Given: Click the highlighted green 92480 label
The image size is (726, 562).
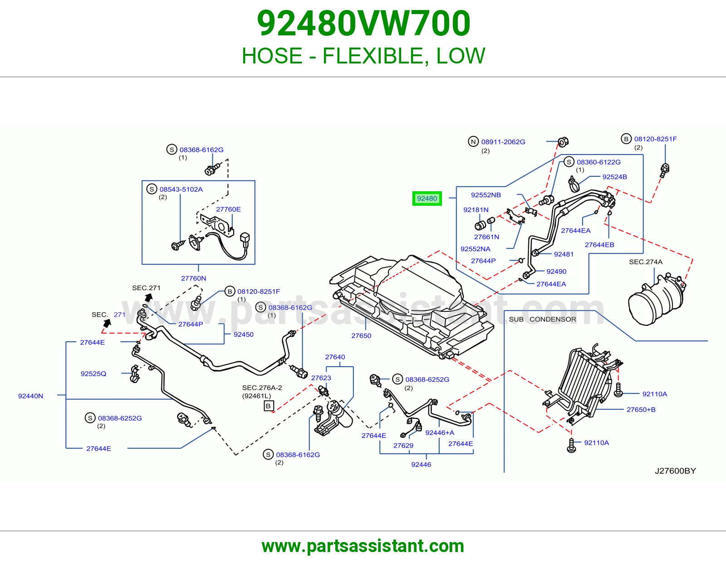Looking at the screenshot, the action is pyautogui.click(x=427, y=199).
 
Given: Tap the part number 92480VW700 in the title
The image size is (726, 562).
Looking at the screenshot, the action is pyautogui.click(x=363, y=24).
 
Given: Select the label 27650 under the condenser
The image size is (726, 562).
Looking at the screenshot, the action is pyautogui.click(x=361, y=336).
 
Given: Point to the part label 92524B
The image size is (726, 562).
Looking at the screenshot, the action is pyautogui.click(x=614, y=177).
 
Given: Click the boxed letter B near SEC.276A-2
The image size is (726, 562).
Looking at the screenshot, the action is pyautogui.click(x=268, y=406).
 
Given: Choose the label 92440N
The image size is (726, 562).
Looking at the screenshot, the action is pyautogui.click(x=30, y=396).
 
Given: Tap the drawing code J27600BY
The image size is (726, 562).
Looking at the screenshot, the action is pyautogui.click(x=675, y=471).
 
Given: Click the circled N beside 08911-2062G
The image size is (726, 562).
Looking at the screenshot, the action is pyautogui.click(x=473, y=141).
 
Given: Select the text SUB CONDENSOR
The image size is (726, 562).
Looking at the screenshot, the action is pyautogui.click(x=542, y=320).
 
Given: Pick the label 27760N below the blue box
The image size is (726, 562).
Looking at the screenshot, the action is pyautogui.click(x=193, y=278).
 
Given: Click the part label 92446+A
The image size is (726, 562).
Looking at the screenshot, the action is pyautogui.click(x=440, y=433).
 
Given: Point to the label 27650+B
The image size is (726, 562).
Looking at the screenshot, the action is pyautogui.click(x=641, y=410).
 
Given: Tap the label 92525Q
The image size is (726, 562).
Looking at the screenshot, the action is pyautogui.click(x=93, y=374).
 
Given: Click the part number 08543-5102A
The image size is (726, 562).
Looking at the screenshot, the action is pyautogui.click(x=181, y=189).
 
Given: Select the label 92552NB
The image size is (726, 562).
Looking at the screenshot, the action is pyautogui.click(x=486, y=195).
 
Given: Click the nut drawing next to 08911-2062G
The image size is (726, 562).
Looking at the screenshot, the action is pyautogui.click(x=563, y=142).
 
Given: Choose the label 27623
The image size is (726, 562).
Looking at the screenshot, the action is pyautogui.click(x=321, y=378).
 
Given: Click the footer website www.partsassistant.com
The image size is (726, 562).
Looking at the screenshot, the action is pyautogui.click(x=363, y=546).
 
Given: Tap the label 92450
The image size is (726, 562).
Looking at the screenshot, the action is pyautogui.click(x=244, y=335).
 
